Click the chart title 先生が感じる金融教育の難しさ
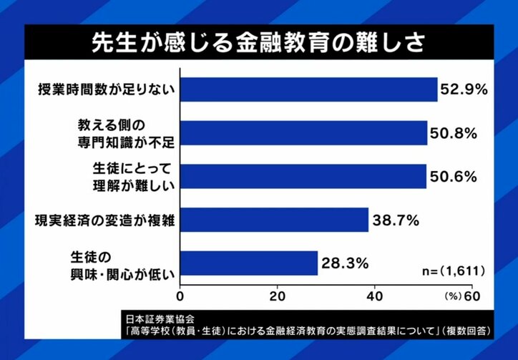[x=259, y=41]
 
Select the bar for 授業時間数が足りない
[x=308, y=89]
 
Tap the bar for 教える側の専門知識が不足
[x=303, y=132]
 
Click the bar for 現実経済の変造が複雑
[x=274, y=219]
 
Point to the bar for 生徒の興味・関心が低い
[x=248, y=263]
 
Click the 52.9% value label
[x=465, y=90]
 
